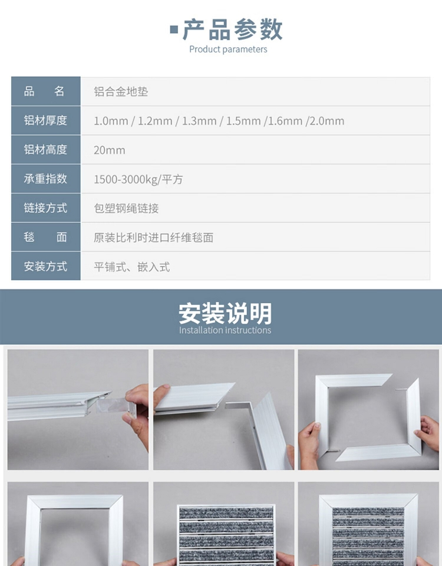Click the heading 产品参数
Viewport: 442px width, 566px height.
(233, 29)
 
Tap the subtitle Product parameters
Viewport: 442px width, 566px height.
(228, 50)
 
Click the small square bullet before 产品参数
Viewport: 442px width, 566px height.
(174, 29)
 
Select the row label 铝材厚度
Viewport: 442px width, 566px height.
(45, 120)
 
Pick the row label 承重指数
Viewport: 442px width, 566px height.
(45, 179)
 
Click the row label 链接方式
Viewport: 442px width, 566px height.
(45, 208)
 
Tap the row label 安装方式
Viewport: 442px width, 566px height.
(45, 266)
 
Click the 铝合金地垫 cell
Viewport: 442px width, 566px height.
(121, 92)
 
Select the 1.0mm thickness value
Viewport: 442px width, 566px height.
(111, 121)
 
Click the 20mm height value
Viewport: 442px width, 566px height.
(110, 150)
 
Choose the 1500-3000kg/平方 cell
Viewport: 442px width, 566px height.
(138, 179)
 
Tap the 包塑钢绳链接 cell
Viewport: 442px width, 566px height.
(126, 208)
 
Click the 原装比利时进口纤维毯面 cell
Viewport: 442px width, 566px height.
(153, 238)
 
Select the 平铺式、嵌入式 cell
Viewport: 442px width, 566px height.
(131, 266)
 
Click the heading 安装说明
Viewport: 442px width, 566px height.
(225, 313)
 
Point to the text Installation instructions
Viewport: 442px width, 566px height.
(225, 330)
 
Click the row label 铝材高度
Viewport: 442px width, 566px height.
(45, 149)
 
